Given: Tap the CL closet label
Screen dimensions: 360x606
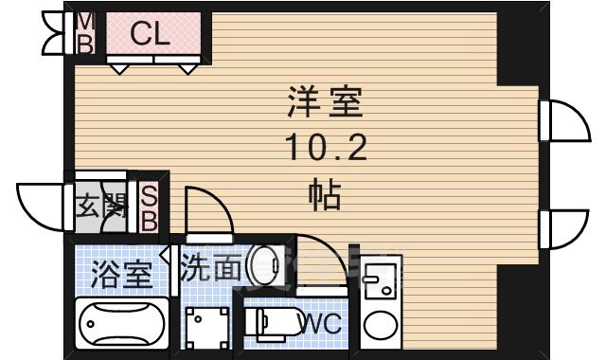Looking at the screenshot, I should tap(149, 35).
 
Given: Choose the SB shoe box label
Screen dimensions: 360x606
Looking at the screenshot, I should tap(150, 206).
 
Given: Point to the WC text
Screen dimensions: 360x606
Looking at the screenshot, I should tap(319, 324).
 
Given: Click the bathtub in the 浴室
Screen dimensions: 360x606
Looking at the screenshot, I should tap(120, 326).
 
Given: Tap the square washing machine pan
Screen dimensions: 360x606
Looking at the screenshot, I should tap(207, 329).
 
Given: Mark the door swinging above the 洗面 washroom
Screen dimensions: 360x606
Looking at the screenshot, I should tap(205, 210).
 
